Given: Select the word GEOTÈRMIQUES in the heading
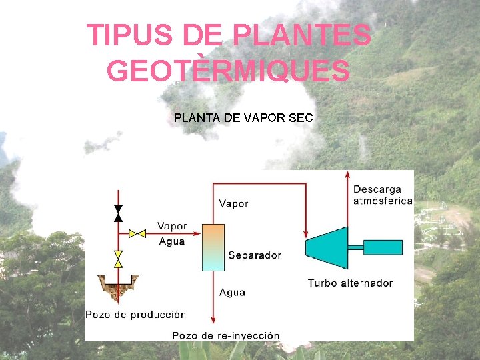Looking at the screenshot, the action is pyautogui.click(x=228, y=71).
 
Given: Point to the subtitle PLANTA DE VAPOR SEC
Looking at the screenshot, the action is pyautogui.click(x=243, y=119).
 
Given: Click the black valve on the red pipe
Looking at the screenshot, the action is pyautogui.click(x=118, y=213).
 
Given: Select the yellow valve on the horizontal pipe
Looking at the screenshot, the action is pyautogui.click(x=137, y=233).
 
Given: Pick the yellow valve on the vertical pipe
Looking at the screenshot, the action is pyautogui.click(x=118, y=259).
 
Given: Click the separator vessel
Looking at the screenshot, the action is pyautogui.click(x=213, y=247).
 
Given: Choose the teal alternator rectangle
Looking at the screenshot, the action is pyautogui.click(x=383, y=247).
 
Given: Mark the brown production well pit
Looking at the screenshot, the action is pyautogui.click(x=117, y=288).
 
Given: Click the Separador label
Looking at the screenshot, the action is pyautogui.click(x=255, y=255).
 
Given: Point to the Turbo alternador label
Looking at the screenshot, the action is pyautogui.click(x=350, y=283).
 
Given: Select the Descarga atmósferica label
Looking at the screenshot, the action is pyautogui.click(x=383, y=195).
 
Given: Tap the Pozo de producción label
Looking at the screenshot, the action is pyautogui.click(x=136, y=315).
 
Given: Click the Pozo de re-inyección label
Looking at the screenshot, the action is pyautogui.click(x=225, y=335).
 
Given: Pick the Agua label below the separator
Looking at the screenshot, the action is pyautogui.click(x=232, y=292).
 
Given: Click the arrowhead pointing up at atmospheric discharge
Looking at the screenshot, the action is pyautogui.click(x=347, y=174).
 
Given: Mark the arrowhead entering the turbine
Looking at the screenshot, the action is pyautogui.click(x=305, y=235).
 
